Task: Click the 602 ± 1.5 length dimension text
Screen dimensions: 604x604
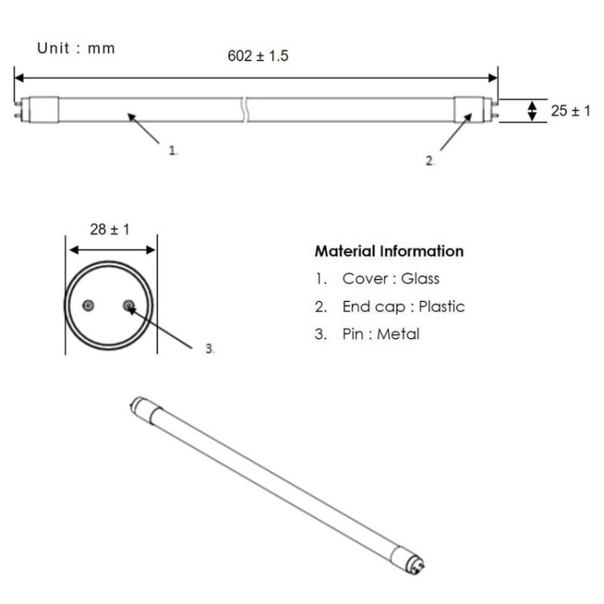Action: click(258, 56)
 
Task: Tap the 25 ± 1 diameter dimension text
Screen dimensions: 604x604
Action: click(570, 111)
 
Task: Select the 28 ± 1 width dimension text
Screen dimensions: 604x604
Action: click(110, 230)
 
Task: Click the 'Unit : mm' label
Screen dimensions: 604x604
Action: click(76, 48)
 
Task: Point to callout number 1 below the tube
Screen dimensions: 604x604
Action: click(172, 151)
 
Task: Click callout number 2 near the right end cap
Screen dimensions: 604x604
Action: click(431, 161)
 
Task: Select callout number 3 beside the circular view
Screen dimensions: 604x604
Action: click(209, 349)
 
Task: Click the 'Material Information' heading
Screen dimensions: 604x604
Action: click(389, 251)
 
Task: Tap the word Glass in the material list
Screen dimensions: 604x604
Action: click(422, 279)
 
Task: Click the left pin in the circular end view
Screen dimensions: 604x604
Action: click(88, 306)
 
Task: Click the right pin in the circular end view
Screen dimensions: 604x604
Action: click(129, 306)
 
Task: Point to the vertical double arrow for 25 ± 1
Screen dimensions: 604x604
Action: click(532, 110)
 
